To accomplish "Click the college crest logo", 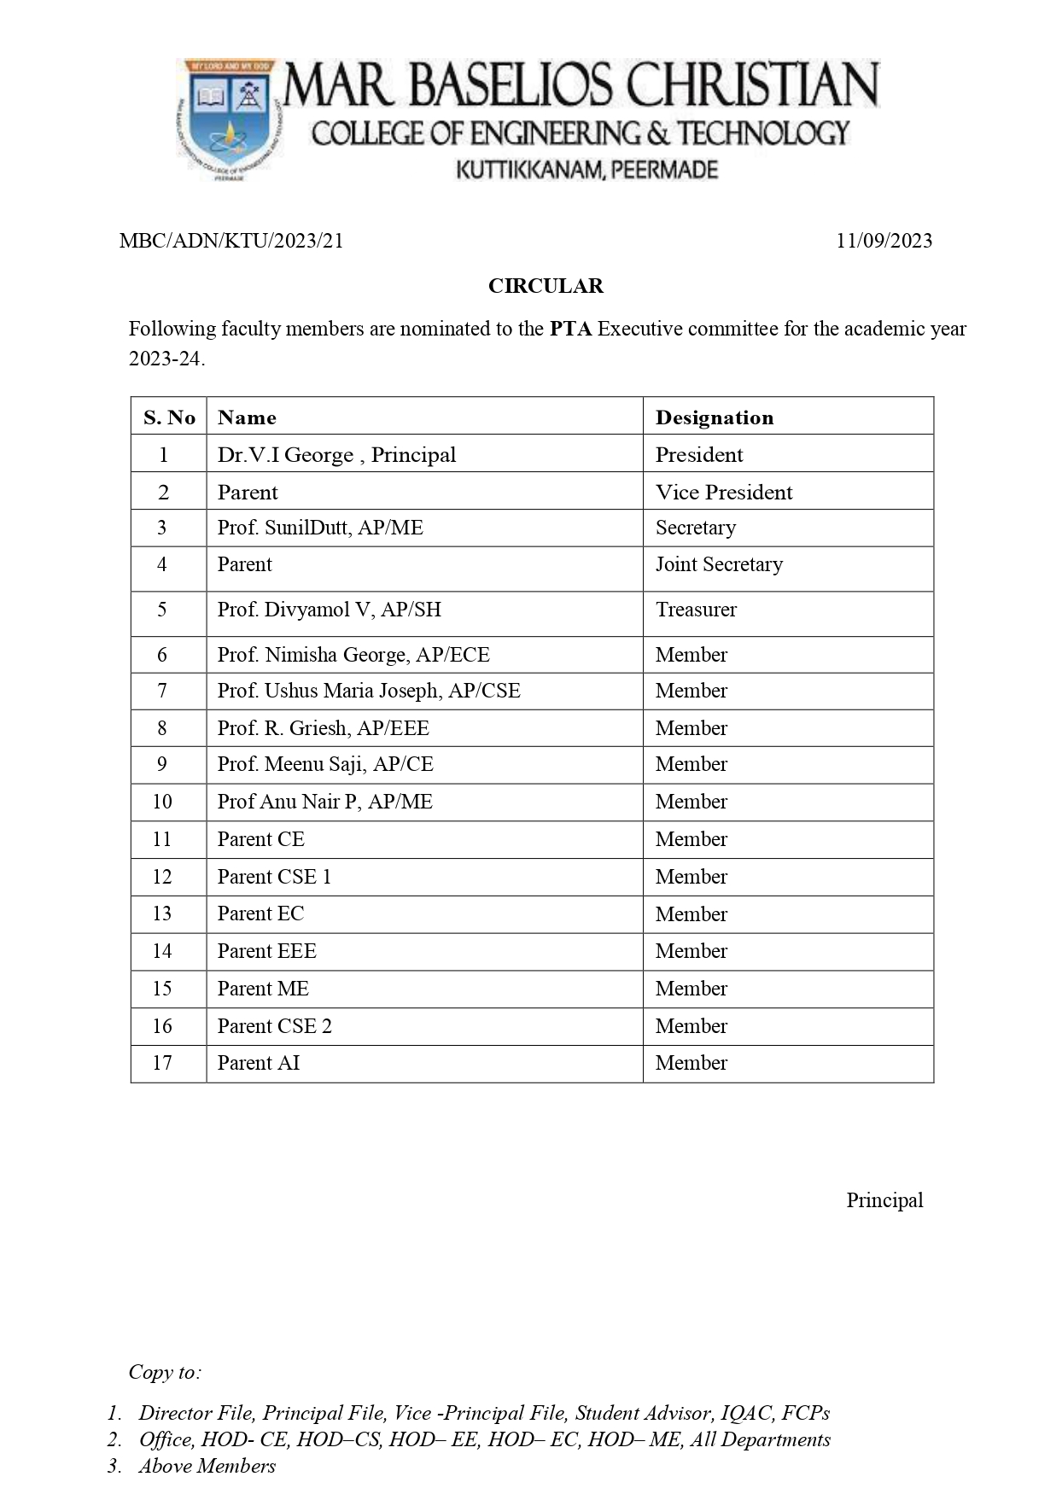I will click(230, 120).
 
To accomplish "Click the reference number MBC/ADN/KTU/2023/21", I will click(231, 241).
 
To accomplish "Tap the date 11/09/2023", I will click(884, 241).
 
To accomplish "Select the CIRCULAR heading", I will click(546, 286).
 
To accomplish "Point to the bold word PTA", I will click(570, 329).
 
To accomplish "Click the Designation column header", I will click(715, 417).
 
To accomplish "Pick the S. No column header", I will click(169, 417).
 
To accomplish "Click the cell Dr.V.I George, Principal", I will click(336, 455).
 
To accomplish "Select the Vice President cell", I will click(724, 493).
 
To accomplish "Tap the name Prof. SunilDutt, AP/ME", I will click(320, 528).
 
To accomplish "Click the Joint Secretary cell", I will click(719, 564).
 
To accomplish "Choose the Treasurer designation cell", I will click(696, 610).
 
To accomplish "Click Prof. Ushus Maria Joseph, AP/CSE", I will click(369, 691).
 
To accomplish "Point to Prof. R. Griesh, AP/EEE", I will click(323, 728).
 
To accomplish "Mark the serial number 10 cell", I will click(162, 802).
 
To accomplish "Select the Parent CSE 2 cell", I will click(274, 1026).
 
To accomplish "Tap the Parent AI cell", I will click(259, 1063).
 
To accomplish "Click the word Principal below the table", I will click(884, 1200).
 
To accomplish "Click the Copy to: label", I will click(165, 1372).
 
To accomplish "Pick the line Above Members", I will click(207, 1466).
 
